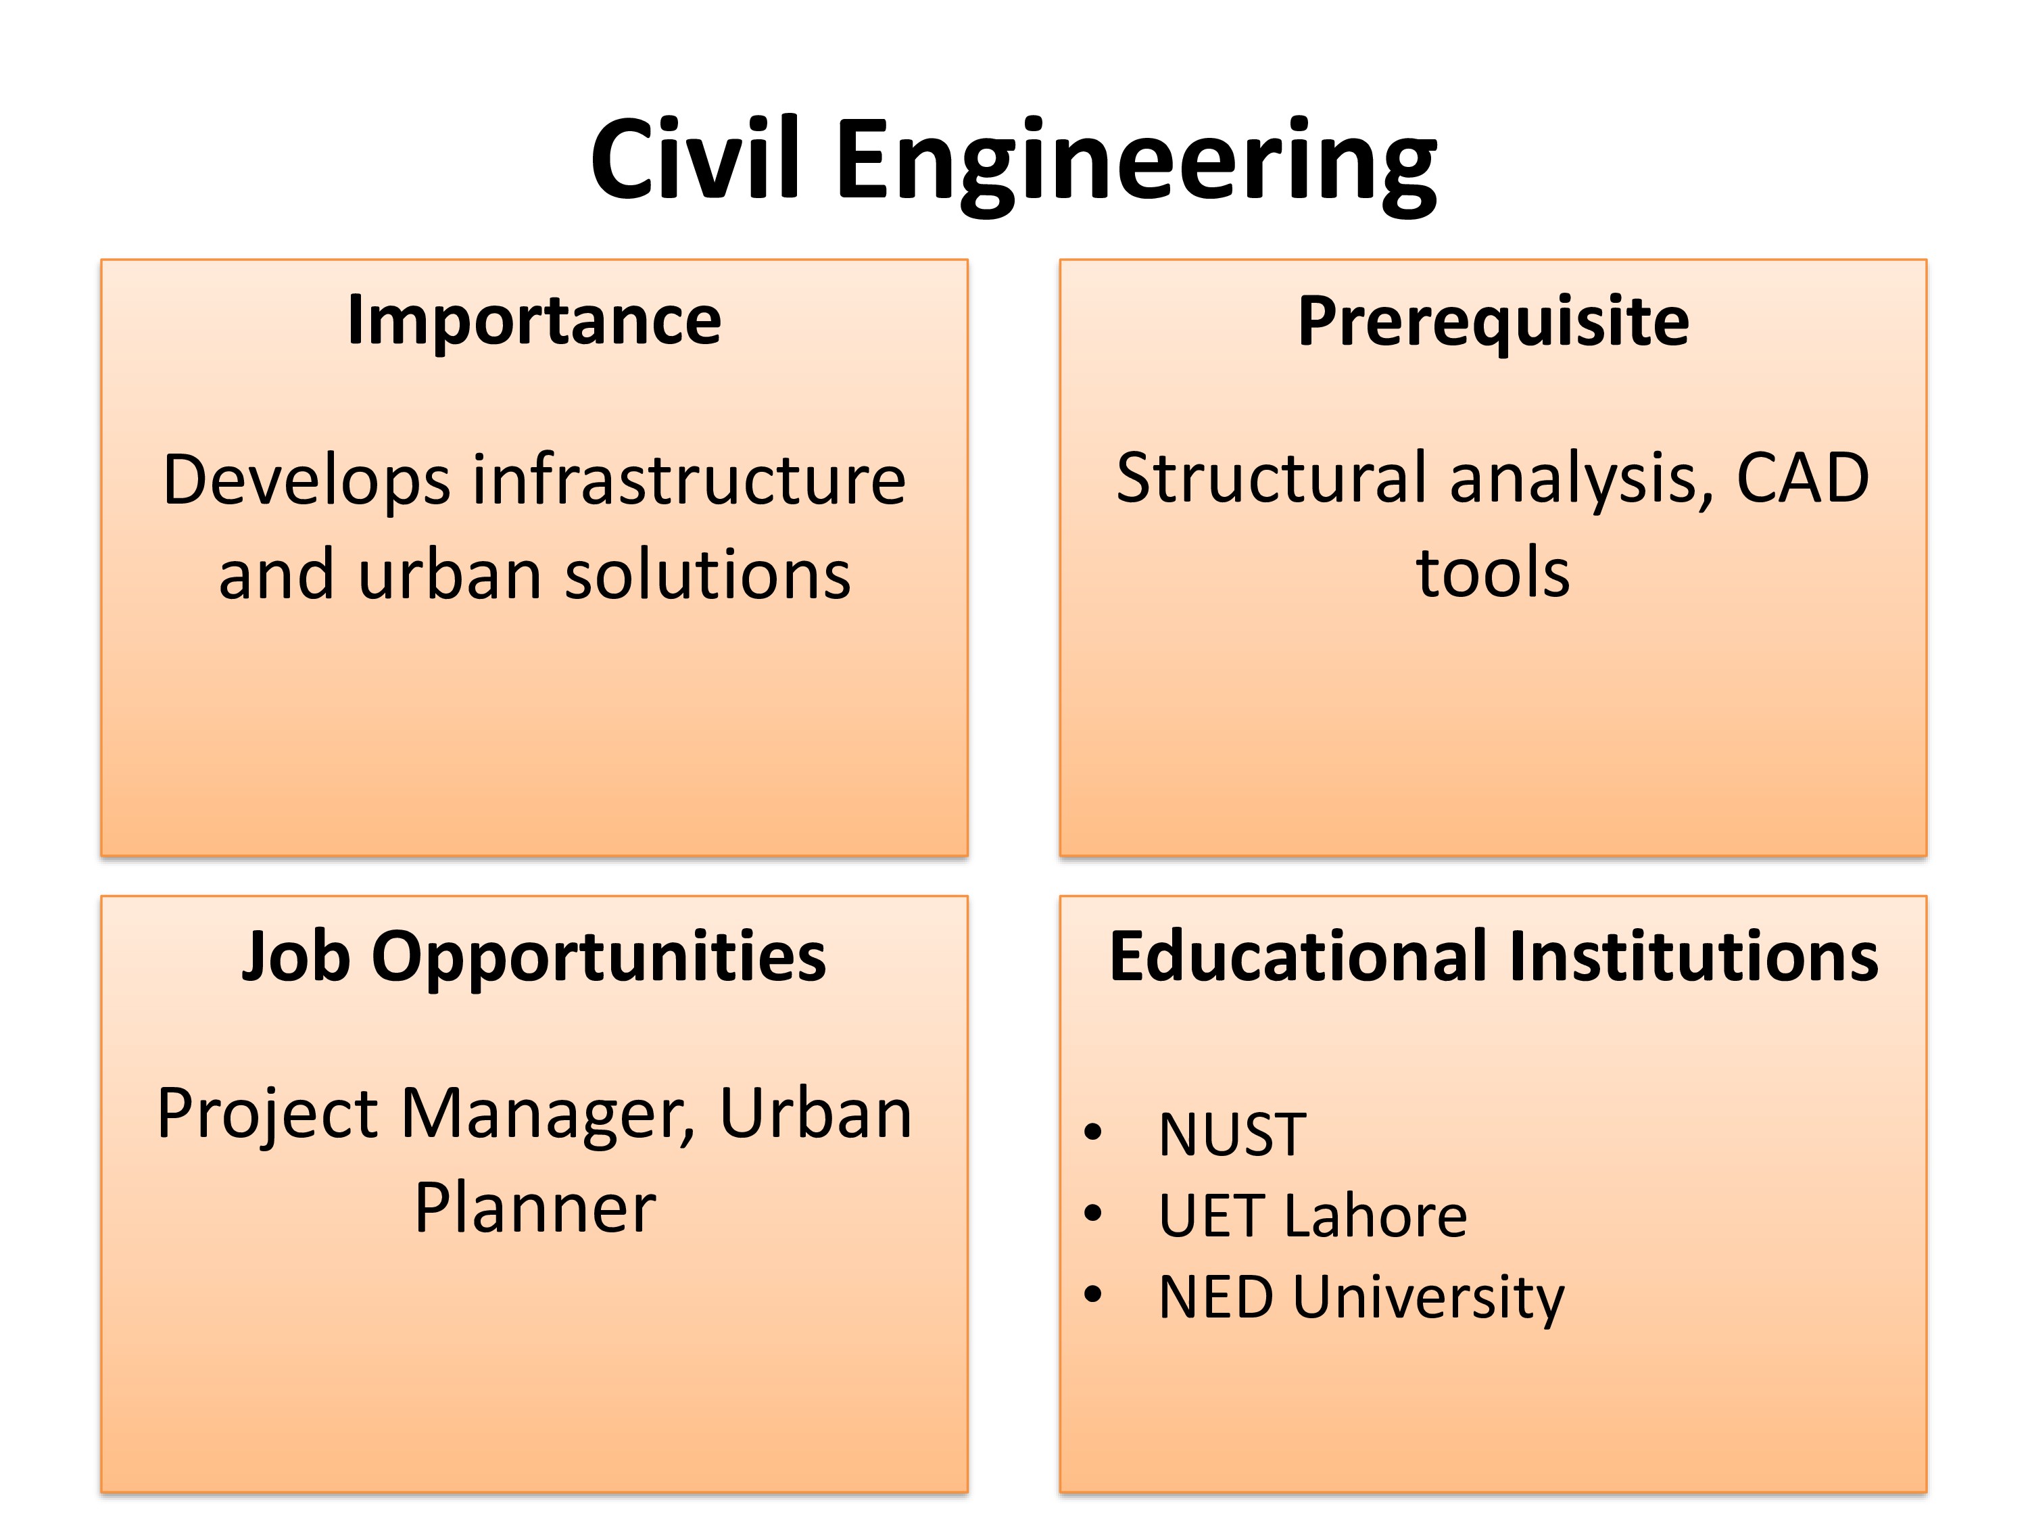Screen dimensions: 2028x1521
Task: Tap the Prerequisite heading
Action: coord(1493,322)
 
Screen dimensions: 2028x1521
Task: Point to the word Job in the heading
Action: coord(296,957)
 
